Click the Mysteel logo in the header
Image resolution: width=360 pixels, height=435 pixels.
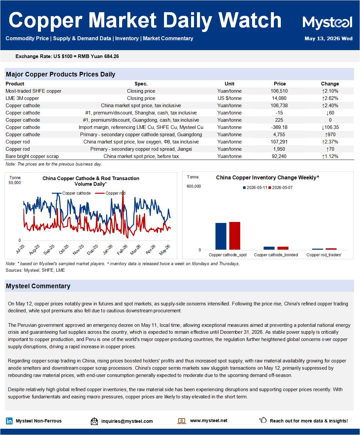tap(327, 22)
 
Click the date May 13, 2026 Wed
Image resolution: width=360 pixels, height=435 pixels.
tap(328, 39)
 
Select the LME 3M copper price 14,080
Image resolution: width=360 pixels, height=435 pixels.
tap(279, 98)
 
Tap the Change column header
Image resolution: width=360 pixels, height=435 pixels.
tap(330, 84)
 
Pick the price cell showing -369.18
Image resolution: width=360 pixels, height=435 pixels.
tap(279, 127)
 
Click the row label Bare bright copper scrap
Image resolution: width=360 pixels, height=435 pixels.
tap(32, 156)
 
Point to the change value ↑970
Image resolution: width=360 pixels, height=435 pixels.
tap(330, 135)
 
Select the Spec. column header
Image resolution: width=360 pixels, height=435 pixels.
tap(141, 84)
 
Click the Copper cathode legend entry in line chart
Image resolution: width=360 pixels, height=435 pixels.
tap(71, 193)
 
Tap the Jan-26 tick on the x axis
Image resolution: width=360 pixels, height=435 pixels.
tap(108, 250)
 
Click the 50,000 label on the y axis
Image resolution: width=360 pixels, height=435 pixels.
tap(15, 183)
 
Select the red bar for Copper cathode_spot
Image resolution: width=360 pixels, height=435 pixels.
tap(235, 235)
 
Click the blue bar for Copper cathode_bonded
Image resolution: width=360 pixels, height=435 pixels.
tap(269, 248)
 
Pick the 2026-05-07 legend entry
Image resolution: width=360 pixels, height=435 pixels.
tap(280, 188)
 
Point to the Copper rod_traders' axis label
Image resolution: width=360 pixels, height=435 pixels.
tap(324, 255)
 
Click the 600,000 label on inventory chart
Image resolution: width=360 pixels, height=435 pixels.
tap(194, 186)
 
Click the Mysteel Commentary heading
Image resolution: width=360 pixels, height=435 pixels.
tap(38, 286)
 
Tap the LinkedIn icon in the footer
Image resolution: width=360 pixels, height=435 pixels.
tap(9, 421)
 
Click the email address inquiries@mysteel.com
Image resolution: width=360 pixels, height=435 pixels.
tap(127, 421)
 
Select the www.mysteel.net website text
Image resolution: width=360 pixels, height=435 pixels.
tap(209, 420)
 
